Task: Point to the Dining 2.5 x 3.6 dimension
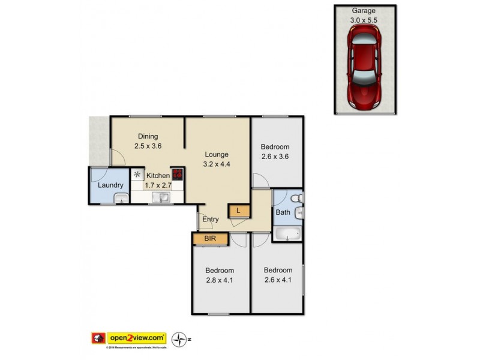click(148, 146)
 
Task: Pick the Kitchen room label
click(158, 176)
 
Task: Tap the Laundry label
click(110, 185)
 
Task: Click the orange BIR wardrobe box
click(211, 239)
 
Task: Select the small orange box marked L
click(238, 210)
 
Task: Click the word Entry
click(210, 220)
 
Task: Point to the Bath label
click(283, 212)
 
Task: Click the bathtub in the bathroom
click(287, 233)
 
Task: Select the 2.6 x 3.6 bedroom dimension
click(275, 157)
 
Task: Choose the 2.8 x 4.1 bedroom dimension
click(219, 280)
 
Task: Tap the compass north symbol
click(179, 339)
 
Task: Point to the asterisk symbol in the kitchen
click(137, 175)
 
